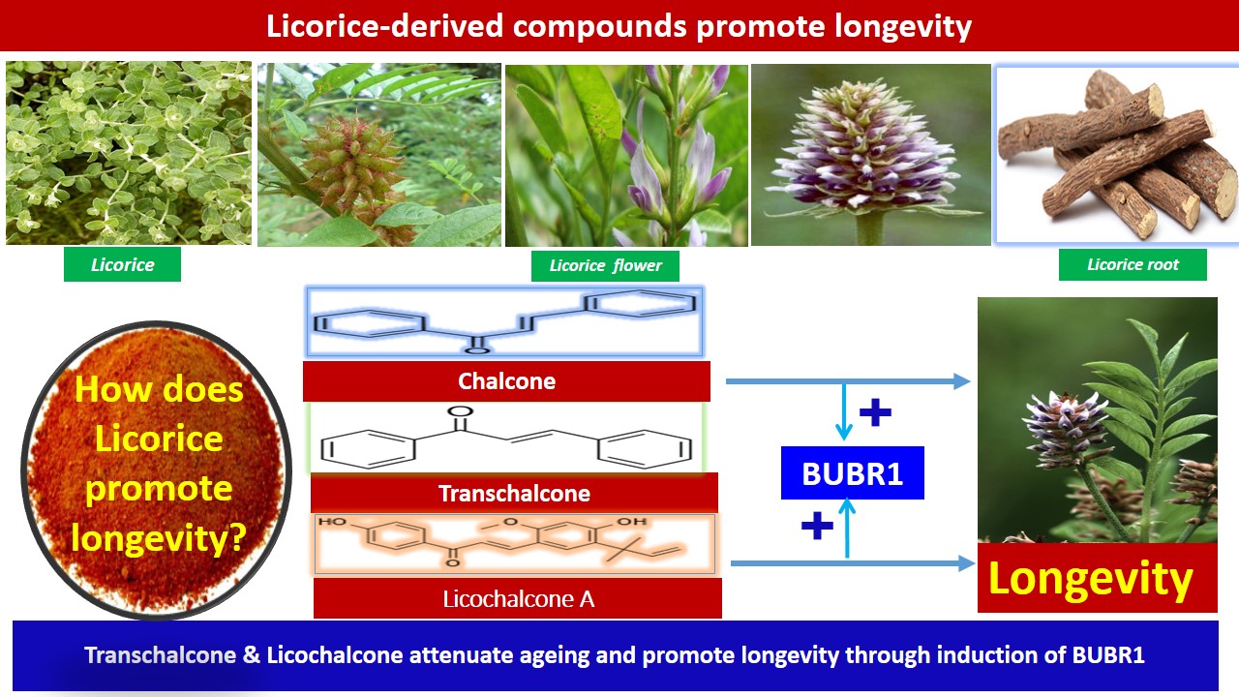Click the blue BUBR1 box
coord(853,473)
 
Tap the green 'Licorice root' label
coord(1133,264)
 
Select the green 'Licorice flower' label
coord(605,266)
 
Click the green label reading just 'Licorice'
coord(122,264)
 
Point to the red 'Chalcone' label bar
coord(506,381)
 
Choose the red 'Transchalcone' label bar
coord(514,493)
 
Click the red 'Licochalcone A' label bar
coord(518,598)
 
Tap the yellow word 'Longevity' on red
coord(1090,579)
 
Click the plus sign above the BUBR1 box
coord(875,412)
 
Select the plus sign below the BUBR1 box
coord(817,525)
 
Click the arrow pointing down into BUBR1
coord(844,410)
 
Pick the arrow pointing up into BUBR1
coord(847,529)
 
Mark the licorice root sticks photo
coord(1117,154)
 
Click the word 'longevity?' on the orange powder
coord(159,538)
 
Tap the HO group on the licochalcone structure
coord(332,521)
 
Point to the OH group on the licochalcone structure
coord(632,521)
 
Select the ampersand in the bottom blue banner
coord(251,655)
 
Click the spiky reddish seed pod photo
coord(379,154)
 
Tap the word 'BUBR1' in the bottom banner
coord(1108,655)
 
